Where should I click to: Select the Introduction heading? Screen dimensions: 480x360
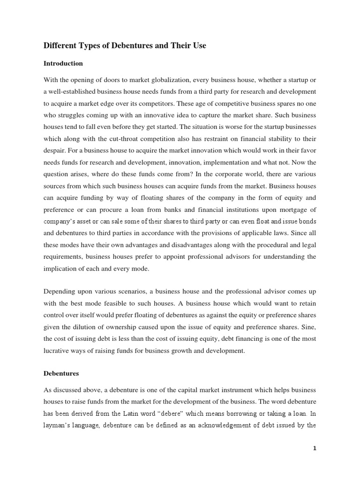pos(63,63)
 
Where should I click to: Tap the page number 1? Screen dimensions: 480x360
pos(315,448)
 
